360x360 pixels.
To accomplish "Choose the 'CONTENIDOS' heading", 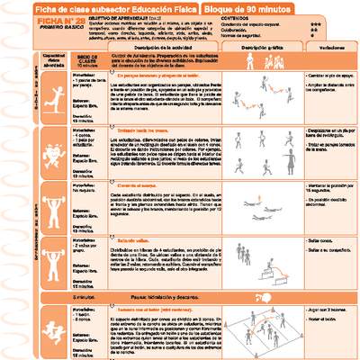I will [x=238, y=18].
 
